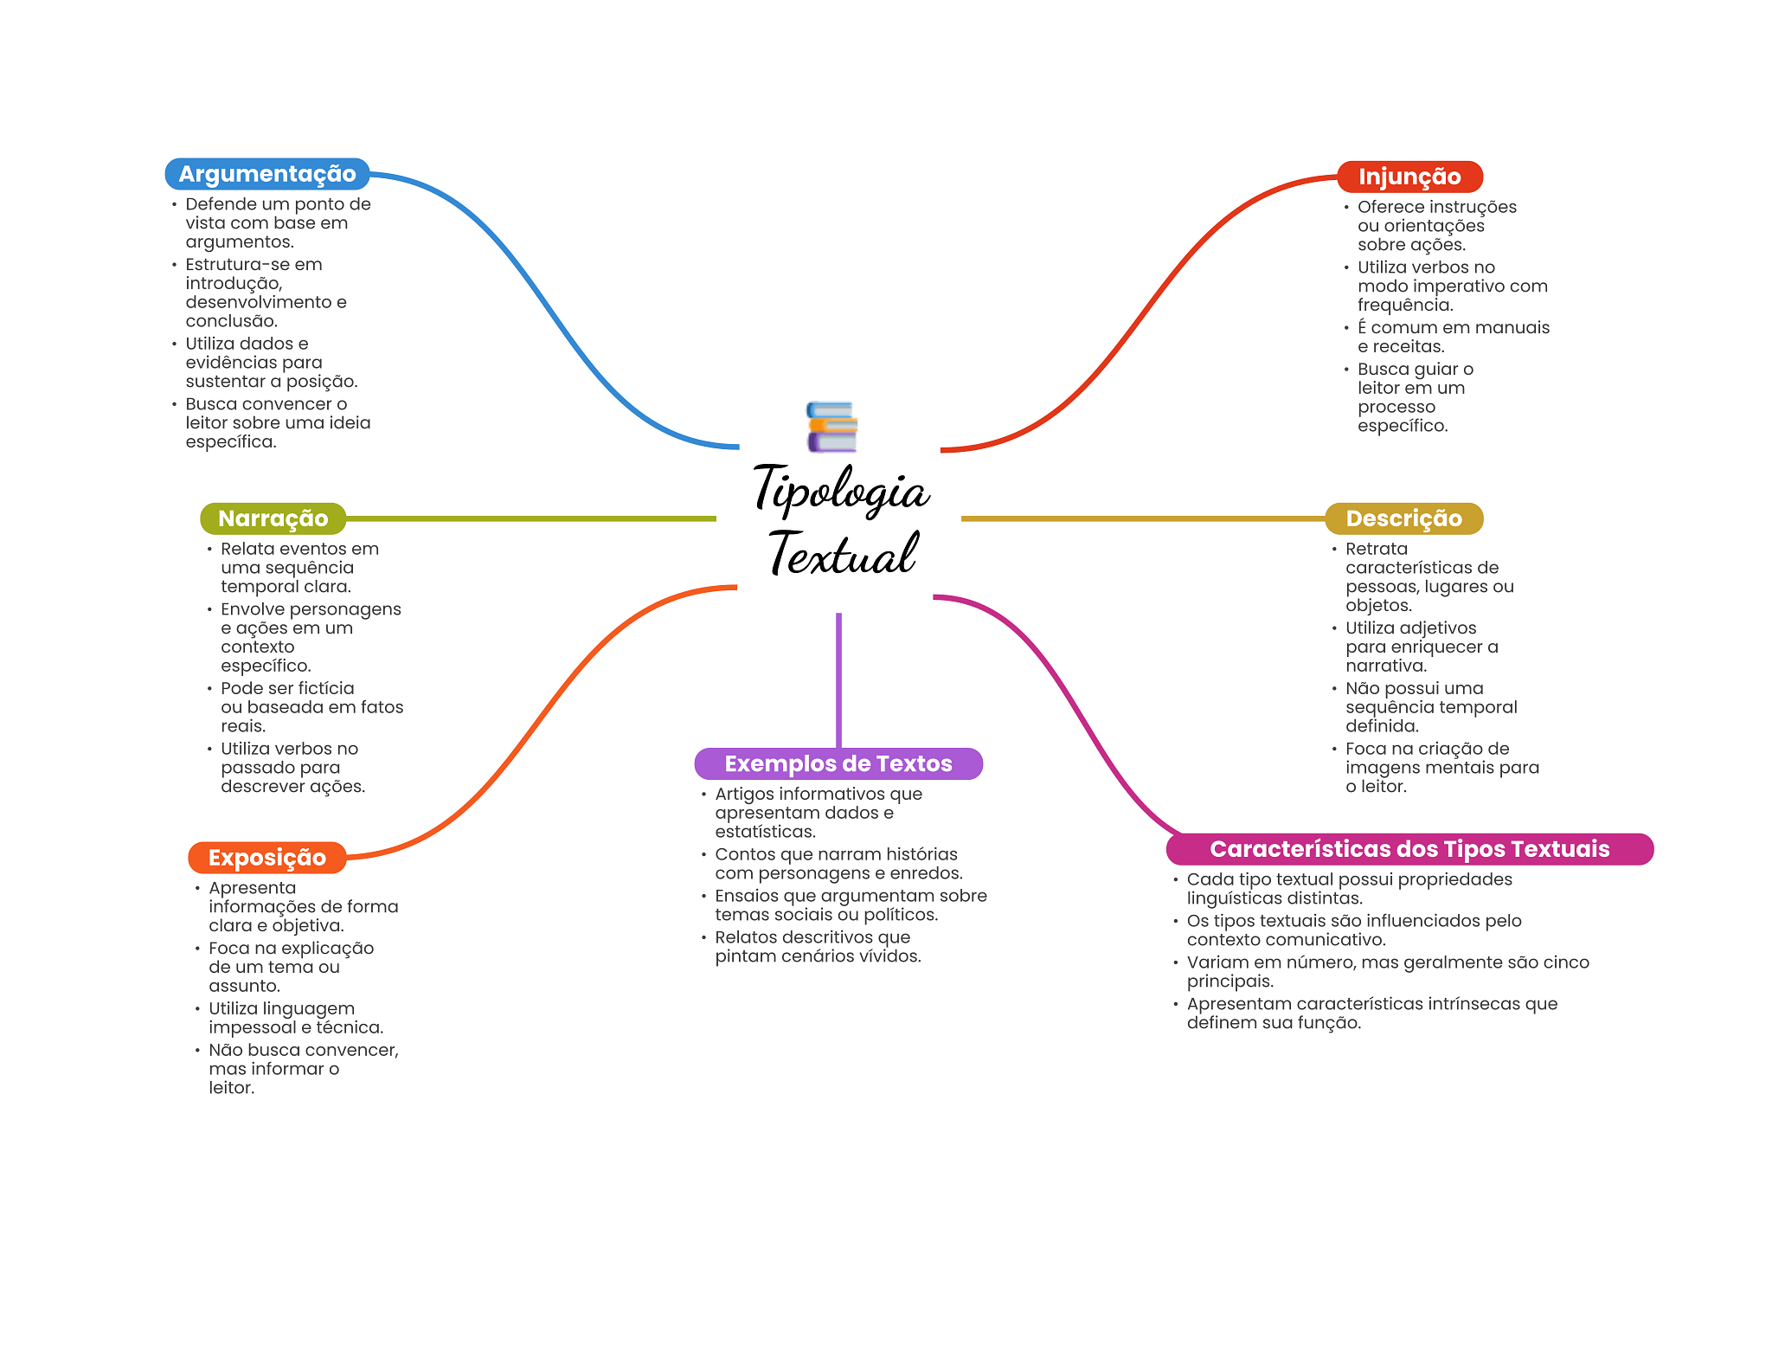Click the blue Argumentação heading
pyautogui.click(x=266, y=174)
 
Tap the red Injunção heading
pyautogui.click(x=1409, y=177)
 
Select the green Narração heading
pyautogui.click(x=273, y=518)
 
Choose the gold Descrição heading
pyautogui.click(x=1403, y=518)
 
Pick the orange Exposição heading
pyautogui.click(x=266, y=858)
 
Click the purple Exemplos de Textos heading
pyautogui.click(x=838, y=763)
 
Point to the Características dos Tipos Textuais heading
pyautogui.click(x=1409, y=849)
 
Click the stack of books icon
pyautogui.click(x=831, y=427)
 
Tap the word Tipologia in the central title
pyautogui.click(x=840, y=490)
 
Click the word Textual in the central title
pyautogui.click(x=842, y=554)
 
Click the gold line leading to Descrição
pyautogui.click(x=1142, y=518)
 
